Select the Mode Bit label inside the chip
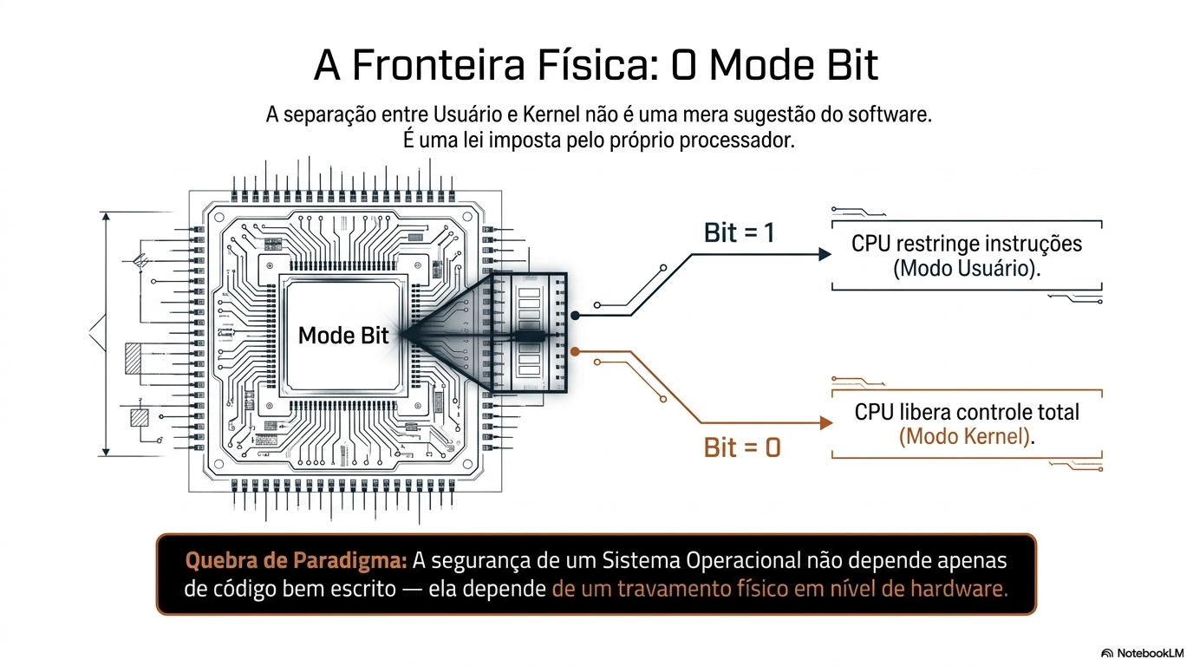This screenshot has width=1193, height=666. click(343, 335)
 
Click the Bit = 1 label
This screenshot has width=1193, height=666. click(739, 232)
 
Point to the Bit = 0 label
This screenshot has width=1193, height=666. click(742, 447)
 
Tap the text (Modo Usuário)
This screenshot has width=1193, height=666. click(966, 268)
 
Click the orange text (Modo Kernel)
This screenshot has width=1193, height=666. click(966, 436)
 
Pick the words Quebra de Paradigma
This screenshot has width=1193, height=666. click(296, 561)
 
